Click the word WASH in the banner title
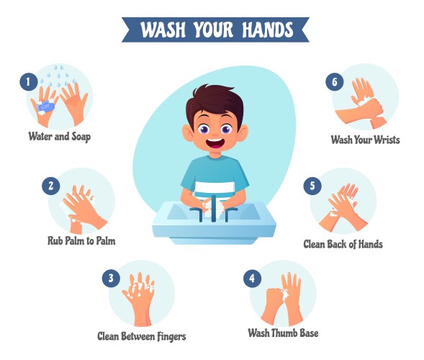[163, 30]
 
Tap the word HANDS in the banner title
[268, 30]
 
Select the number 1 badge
[28, 81]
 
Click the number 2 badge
[51, 186]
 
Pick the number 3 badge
[111, 278]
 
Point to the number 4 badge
[252, 278]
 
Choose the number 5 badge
[312, 186]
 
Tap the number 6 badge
[335, 81]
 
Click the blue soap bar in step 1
[46, 107]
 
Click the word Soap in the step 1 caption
[81, 137]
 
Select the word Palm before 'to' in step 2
[73, 240]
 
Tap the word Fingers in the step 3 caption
[172, 337]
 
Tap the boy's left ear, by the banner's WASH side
[188, 132]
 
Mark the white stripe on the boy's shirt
[215, 187]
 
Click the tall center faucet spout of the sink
[214, 208]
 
